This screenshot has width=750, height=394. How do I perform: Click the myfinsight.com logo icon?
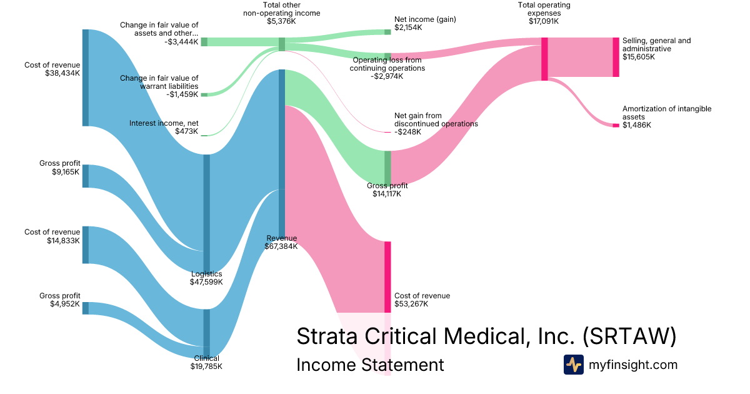pyautogui.click(x=574, y=365)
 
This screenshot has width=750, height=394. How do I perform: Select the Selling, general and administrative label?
pyautogui.click(x=656, y=44)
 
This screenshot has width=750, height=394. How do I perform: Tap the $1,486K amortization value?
pyautogui.click(x=636, y=125)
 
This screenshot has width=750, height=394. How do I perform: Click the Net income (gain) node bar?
pyautogui.click(x=387, y=32)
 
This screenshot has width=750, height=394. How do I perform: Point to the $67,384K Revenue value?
pyautogui.click(x=281, y=246)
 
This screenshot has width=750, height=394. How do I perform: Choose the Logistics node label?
pyautogui.click(x=207, y=274)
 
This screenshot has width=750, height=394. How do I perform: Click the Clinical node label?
pyautogui.click(x=207, y=358)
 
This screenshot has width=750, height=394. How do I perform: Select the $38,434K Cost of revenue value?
pyautogui.click(x=62, y=73)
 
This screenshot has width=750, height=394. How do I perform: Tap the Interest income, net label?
pyautogui.click(x=164, y=123)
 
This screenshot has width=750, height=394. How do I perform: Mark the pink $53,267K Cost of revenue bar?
pyautogui.click(x=387, y=277)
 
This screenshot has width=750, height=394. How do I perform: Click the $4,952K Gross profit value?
pyautogui.click(x=65, y=304)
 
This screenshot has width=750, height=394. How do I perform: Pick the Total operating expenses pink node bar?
pyautogui.click(x=544, y=59)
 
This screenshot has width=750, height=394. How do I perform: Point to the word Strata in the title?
pyautogui.click(x=327, y=336)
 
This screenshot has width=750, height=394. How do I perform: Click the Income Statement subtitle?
pyautogui.click(x=370, y=365)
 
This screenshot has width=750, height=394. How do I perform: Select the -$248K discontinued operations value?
pyautogui.click(x=407, y=132)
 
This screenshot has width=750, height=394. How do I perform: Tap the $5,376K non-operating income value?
pyautogui.click(x=281, y=21)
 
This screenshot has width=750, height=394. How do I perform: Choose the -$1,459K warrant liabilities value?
pyautogui.click(x=182, y=94)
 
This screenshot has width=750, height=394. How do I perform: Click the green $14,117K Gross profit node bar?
pyautogui.click(x=387, y=168)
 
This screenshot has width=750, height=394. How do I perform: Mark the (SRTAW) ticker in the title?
pyautogui.click(x=629, y=336)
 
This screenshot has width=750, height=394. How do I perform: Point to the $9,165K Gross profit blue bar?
pyautogui.click(x=86, y=176)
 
